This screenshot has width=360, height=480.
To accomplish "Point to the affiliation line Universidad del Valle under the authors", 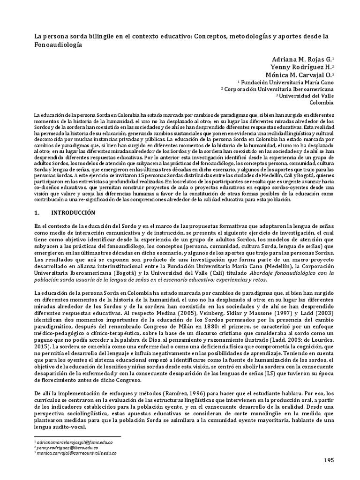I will (x=306, y=95).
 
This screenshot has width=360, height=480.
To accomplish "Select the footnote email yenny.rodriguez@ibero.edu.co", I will (x=66, y=448).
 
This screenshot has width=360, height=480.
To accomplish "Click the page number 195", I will (x=329, y=461).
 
